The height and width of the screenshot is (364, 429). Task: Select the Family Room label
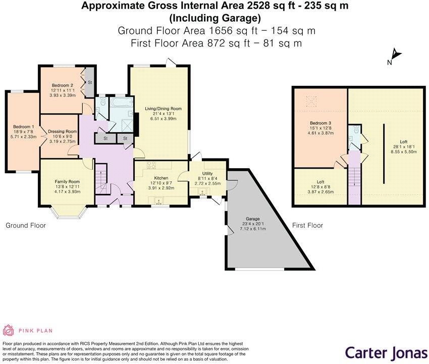[67, 182]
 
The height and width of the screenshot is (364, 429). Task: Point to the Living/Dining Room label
[163, 109]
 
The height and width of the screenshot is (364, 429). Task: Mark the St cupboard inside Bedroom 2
[90, 83]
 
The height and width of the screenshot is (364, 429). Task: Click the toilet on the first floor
[356, 130]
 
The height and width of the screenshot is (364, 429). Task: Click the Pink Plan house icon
[9, 331]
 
